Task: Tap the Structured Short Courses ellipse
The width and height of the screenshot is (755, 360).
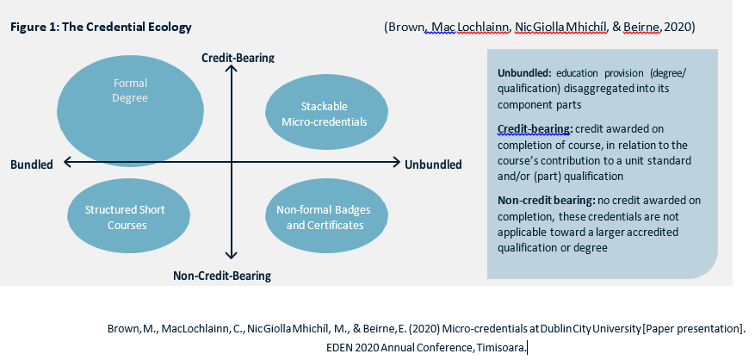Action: pyautogui.click(x=125, y=217)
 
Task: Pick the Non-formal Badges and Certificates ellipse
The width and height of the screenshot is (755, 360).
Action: pyautogui.click(x=319, y=217)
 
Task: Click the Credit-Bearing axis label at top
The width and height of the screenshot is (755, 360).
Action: pyautogui.click(x=238, y=58)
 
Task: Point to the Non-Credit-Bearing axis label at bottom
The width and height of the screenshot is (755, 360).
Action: pyautogui.click(x=222, y=276)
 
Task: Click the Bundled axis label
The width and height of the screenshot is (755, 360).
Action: pyautogui.click(x=32, y=164)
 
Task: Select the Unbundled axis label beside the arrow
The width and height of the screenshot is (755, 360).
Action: pyautogui.click(x=433, y=164)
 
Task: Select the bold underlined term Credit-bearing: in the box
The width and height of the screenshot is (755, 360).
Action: pyautogui.click(x=535, y=129)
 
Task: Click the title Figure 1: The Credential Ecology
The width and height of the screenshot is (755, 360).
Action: pyautogui.click(x=101, y=28)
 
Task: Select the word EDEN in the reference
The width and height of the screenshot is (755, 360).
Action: pyautogui.click(x=340, y=347)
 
